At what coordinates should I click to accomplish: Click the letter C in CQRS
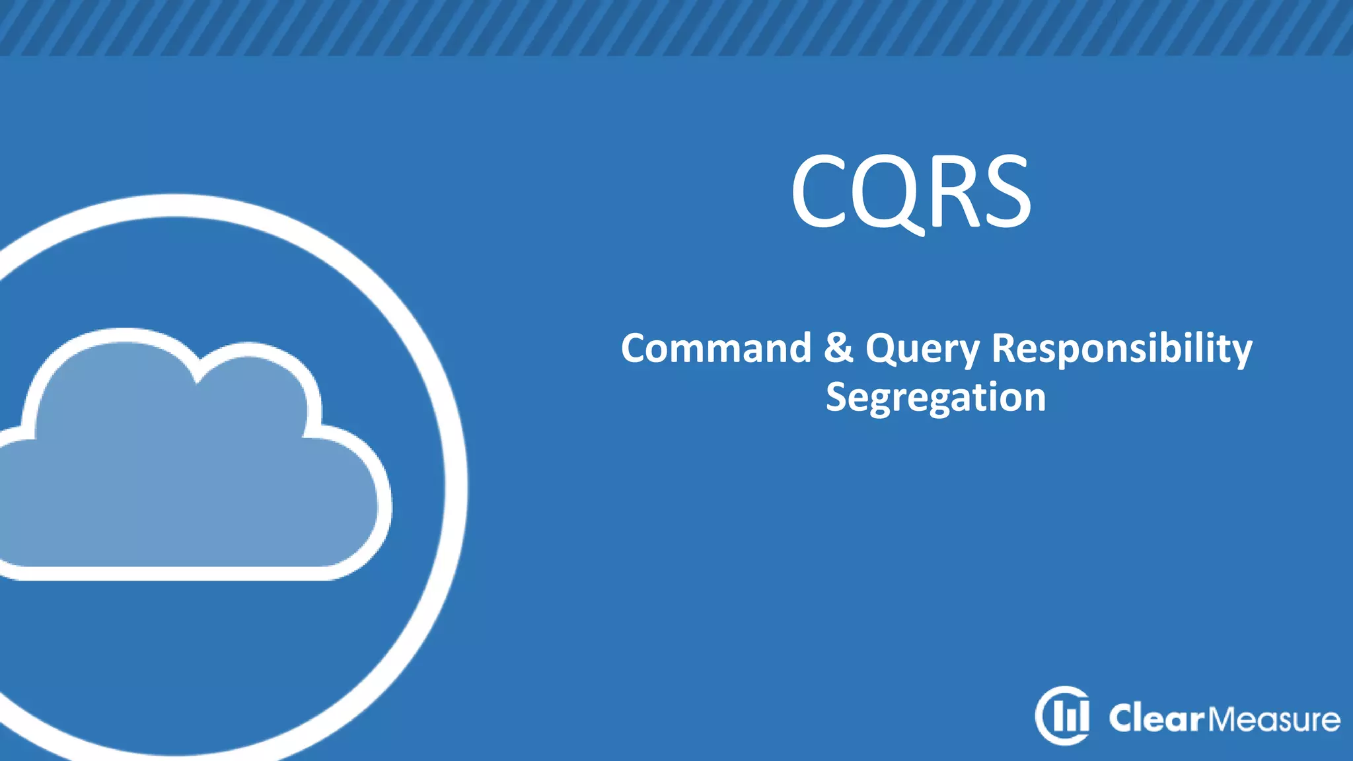[x=819, y=191]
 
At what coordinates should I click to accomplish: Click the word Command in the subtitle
[x=715, y=348]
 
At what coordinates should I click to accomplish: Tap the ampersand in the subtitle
[x=838, y=348]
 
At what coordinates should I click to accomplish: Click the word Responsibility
[x=1122, y=348]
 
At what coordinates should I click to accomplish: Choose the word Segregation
[x=935, y=398]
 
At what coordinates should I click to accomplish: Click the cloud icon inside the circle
[x=192, y=462]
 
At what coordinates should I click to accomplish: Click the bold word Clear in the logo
[x=1157, y=718]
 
